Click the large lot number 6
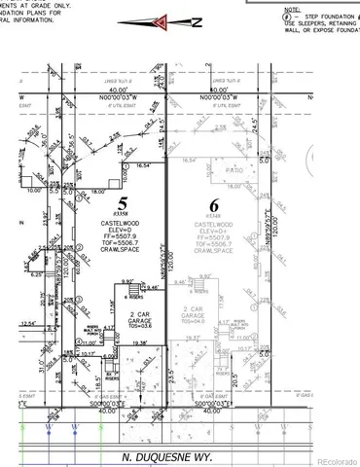(x=214, y=205)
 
